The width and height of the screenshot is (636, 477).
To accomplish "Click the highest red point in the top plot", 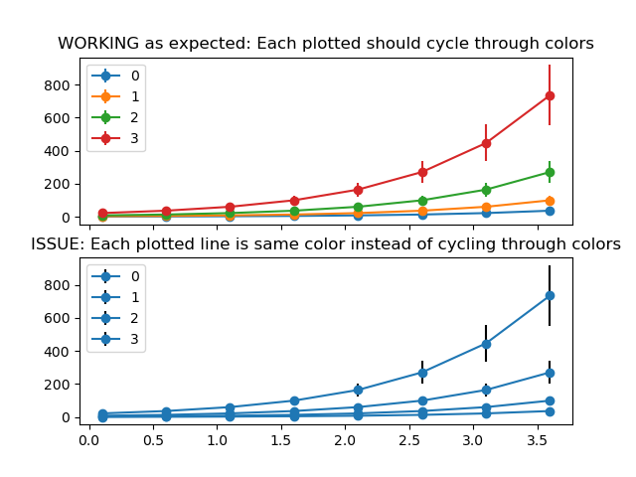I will (550, 95).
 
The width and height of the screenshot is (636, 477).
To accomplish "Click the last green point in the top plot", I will (550, 173).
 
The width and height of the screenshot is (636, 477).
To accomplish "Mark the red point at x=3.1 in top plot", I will (486, 143).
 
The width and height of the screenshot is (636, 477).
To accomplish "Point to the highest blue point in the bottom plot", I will (550, 295).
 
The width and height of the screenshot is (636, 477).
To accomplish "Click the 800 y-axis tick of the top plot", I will (58, 85).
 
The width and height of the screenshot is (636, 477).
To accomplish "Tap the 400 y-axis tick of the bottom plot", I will (58, 352).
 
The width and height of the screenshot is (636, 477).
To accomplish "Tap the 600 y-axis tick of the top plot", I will (58, 118).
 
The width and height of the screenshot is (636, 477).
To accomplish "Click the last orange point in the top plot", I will (550, 201).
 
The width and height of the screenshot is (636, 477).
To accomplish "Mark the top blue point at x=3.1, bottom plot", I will (486, 344).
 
